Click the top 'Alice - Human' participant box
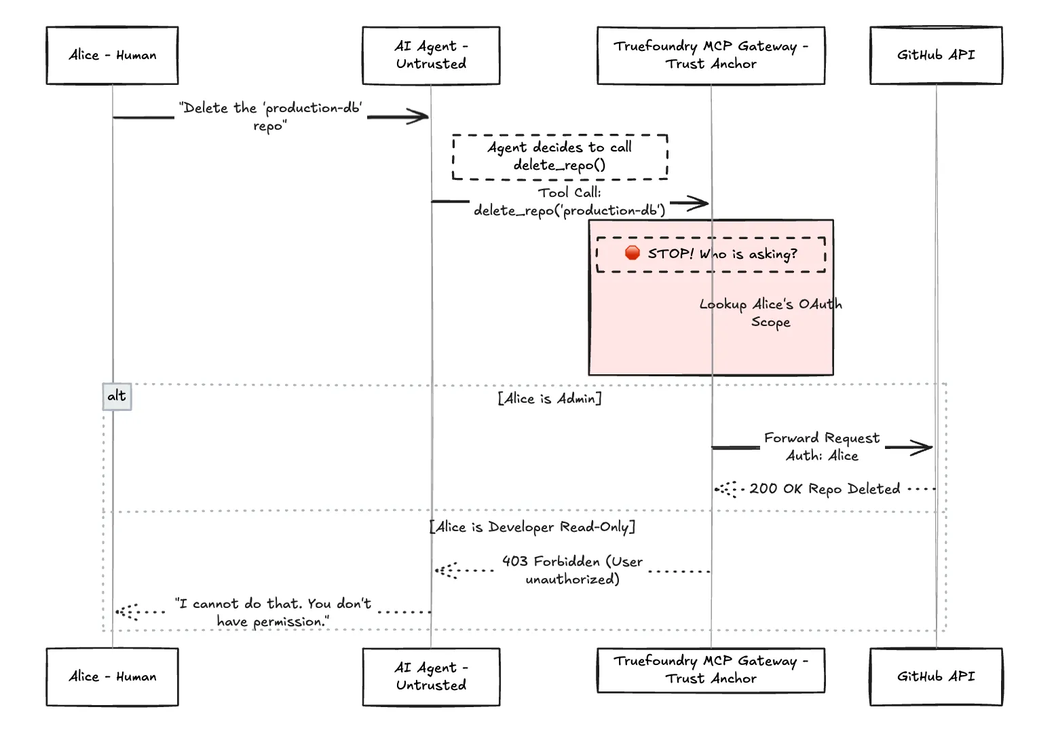click(x=112, y=56)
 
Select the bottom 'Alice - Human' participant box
click(x=112, y=677)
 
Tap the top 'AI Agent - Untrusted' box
click(x=431, y=56)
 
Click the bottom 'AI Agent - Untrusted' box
click(x=431, y=677)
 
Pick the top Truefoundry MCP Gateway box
click(x=711, y=56)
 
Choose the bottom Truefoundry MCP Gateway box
click(x=711, y=670)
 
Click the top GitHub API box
click(x=936, y=56)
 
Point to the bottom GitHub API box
click(x=936, y=677)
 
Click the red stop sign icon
click(x=633, y=253)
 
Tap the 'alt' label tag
click(x=117, y=396)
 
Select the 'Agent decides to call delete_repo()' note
click(x=560, y=156)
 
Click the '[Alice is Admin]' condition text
click(x=550, y=399)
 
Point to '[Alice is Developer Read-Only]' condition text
click(x=533, y=527)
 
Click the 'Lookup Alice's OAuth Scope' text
click(x=771, y=313)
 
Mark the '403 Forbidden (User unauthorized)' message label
click(x=572, y=570)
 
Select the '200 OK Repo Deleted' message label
click(x=825, y=489)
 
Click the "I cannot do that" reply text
click(x=273, y=612)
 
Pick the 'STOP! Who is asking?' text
click(x=722, y=254)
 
